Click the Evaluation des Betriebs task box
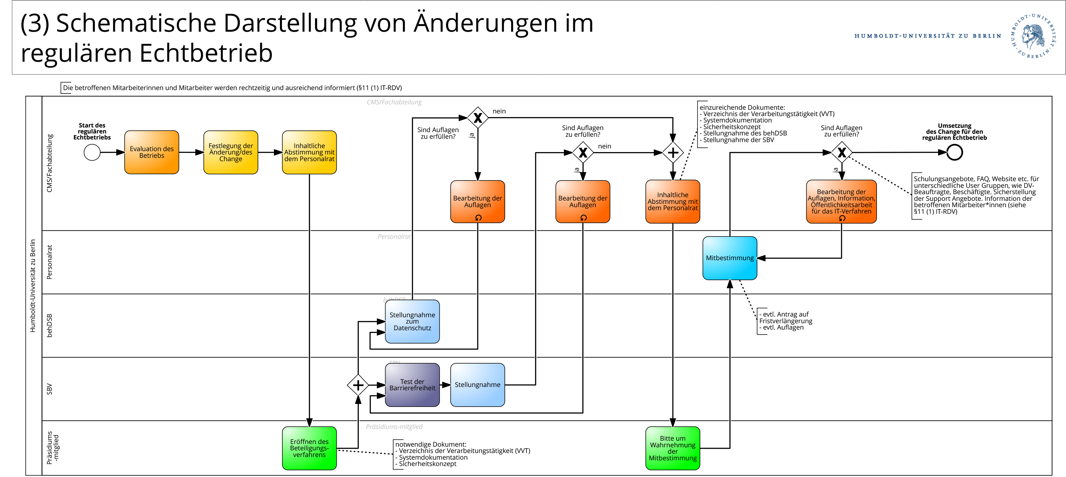[x=151, y=152]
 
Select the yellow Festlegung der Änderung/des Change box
[x=231, y=152]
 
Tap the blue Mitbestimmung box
[x=730, y=258]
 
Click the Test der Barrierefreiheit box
[x=412, y=385]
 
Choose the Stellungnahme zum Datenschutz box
[x=412, y=321]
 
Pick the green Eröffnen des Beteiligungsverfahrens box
[x=309, y=448]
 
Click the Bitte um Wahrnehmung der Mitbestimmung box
[x=672, y=448]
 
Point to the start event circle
[x=92, y=152]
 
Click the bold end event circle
[x=954, y=152]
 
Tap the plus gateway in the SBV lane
[x=358, y=385]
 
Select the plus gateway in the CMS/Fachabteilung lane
[x=673, y=152]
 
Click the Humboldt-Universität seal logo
[x=1033, y=36]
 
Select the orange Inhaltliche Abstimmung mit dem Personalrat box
[x=672, y=201]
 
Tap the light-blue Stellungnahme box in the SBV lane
[x=478, y=385]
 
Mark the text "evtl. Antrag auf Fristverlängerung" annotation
[x=785, y=318]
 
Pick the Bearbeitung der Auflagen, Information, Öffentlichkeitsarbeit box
[x=841, y=201]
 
